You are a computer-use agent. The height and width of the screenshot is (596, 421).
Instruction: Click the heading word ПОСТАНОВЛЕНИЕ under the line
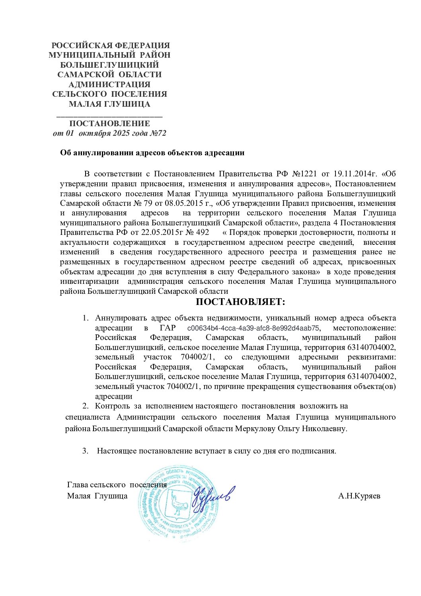pyautogui.click(x=109, y=123)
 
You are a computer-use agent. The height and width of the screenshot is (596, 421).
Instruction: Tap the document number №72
pyautogui.click(x=158, y=133)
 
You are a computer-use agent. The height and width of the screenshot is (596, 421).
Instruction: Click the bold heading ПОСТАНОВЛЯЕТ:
pyautogui.click(x=240, y=302)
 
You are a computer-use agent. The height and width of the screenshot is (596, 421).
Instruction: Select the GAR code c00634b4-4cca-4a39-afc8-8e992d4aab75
pyautogui.click(x=253, y=328)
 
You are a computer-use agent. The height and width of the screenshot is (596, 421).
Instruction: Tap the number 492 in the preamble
pyautogui.click(x=203, y=233)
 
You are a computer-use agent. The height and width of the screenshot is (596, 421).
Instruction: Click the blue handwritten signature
pyautogui.click(x=212, y=495)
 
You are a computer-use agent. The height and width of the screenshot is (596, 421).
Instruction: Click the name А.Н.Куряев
pyautogui.click(x=359, y=496)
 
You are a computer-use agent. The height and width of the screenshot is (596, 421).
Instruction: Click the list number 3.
pyautogui.click(x=85, y=451)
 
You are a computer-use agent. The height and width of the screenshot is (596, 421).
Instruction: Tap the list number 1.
pyautogui.click(x=85, y=318)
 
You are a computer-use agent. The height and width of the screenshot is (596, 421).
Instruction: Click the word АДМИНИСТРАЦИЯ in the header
pyautogui.click(x=109, y=84)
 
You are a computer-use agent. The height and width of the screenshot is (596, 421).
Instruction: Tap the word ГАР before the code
pyautogui.click(x=168, y=328)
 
